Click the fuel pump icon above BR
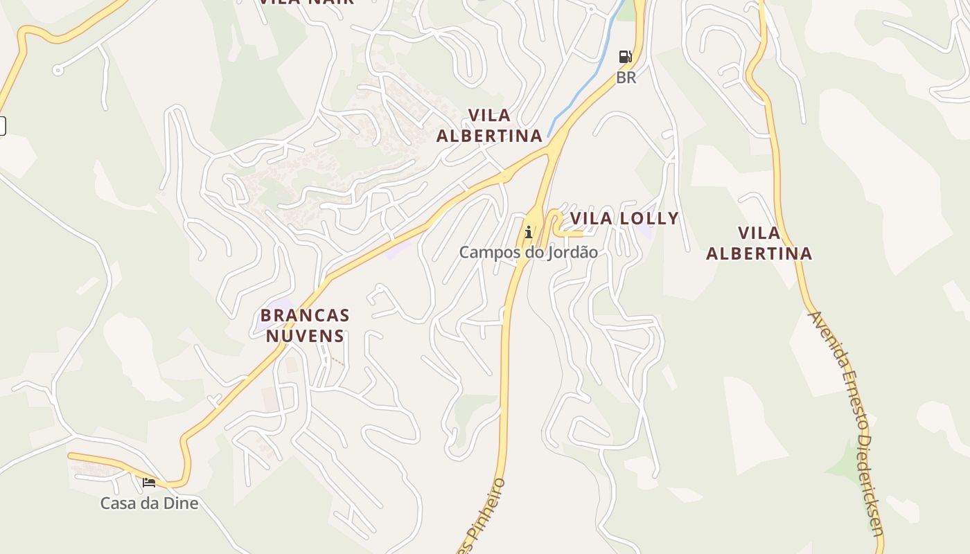pos(625,57)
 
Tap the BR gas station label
pos(626,78)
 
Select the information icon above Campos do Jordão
pos(529,232)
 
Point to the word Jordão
pos(573,252)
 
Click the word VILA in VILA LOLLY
pos(591,219)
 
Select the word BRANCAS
pos(305,316)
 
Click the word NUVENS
pos(305,337)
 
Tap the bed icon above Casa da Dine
pos(149,482)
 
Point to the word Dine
pos(182,503)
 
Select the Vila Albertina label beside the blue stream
pos(489,125)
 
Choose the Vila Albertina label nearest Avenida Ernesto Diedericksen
pos(759,243)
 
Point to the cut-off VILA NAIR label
pos(306,2)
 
